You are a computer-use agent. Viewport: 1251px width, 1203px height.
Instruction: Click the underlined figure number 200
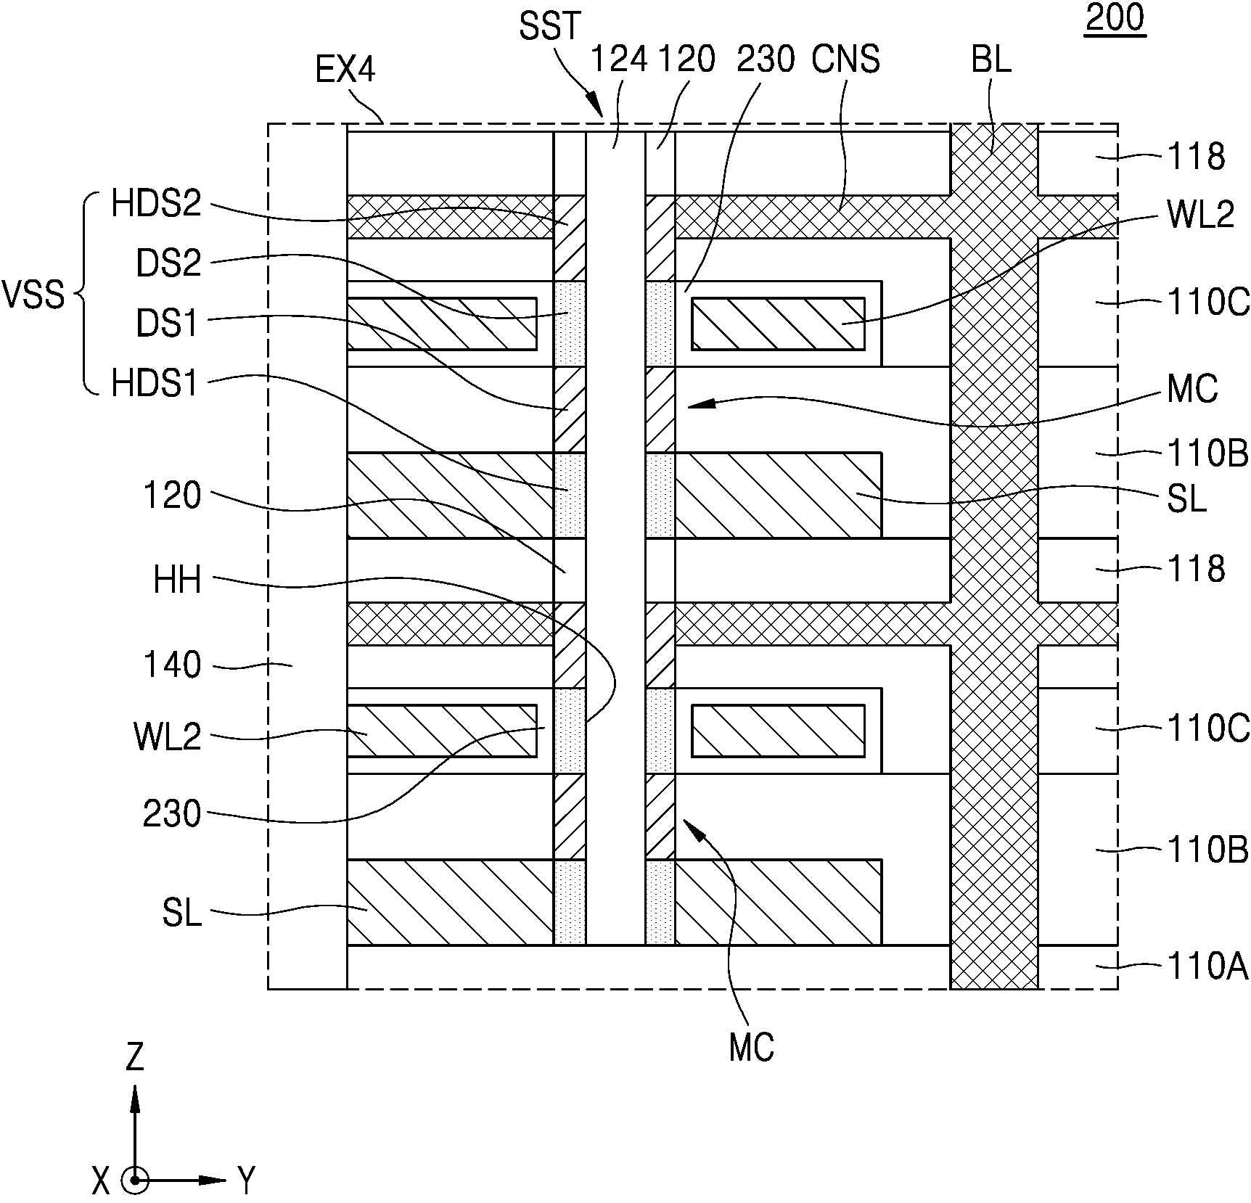1115,18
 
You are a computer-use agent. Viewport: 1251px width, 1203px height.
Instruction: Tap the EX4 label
345,71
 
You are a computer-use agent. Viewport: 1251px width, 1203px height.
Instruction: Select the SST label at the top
551,26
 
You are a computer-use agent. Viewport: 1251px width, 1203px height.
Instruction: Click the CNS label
845,59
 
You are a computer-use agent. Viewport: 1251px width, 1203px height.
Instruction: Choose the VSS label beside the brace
33,296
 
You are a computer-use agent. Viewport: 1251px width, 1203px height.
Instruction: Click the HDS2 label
156,205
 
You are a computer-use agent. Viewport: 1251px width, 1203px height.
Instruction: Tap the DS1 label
168,323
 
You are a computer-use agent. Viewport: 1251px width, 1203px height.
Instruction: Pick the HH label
177,580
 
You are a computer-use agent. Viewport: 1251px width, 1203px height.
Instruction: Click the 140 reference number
172,665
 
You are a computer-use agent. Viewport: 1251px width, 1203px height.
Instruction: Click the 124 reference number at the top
619,59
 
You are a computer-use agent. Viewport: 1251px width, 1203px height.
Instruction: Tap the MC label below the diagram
752,1048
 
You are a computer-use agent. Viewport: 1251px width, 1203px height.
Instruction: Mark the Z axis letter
135,1057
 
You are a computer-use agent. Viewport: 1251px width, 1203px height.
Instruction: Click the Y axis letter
247,1181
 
